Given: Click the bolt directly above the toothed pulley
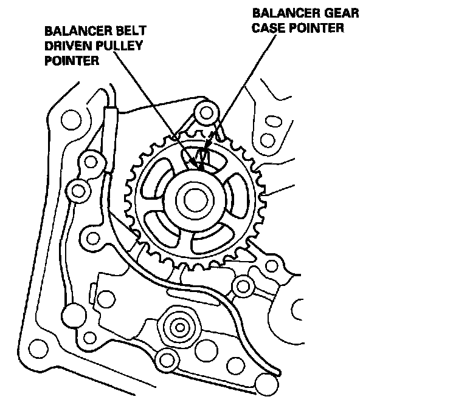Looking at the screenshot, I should click(207, 112).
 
